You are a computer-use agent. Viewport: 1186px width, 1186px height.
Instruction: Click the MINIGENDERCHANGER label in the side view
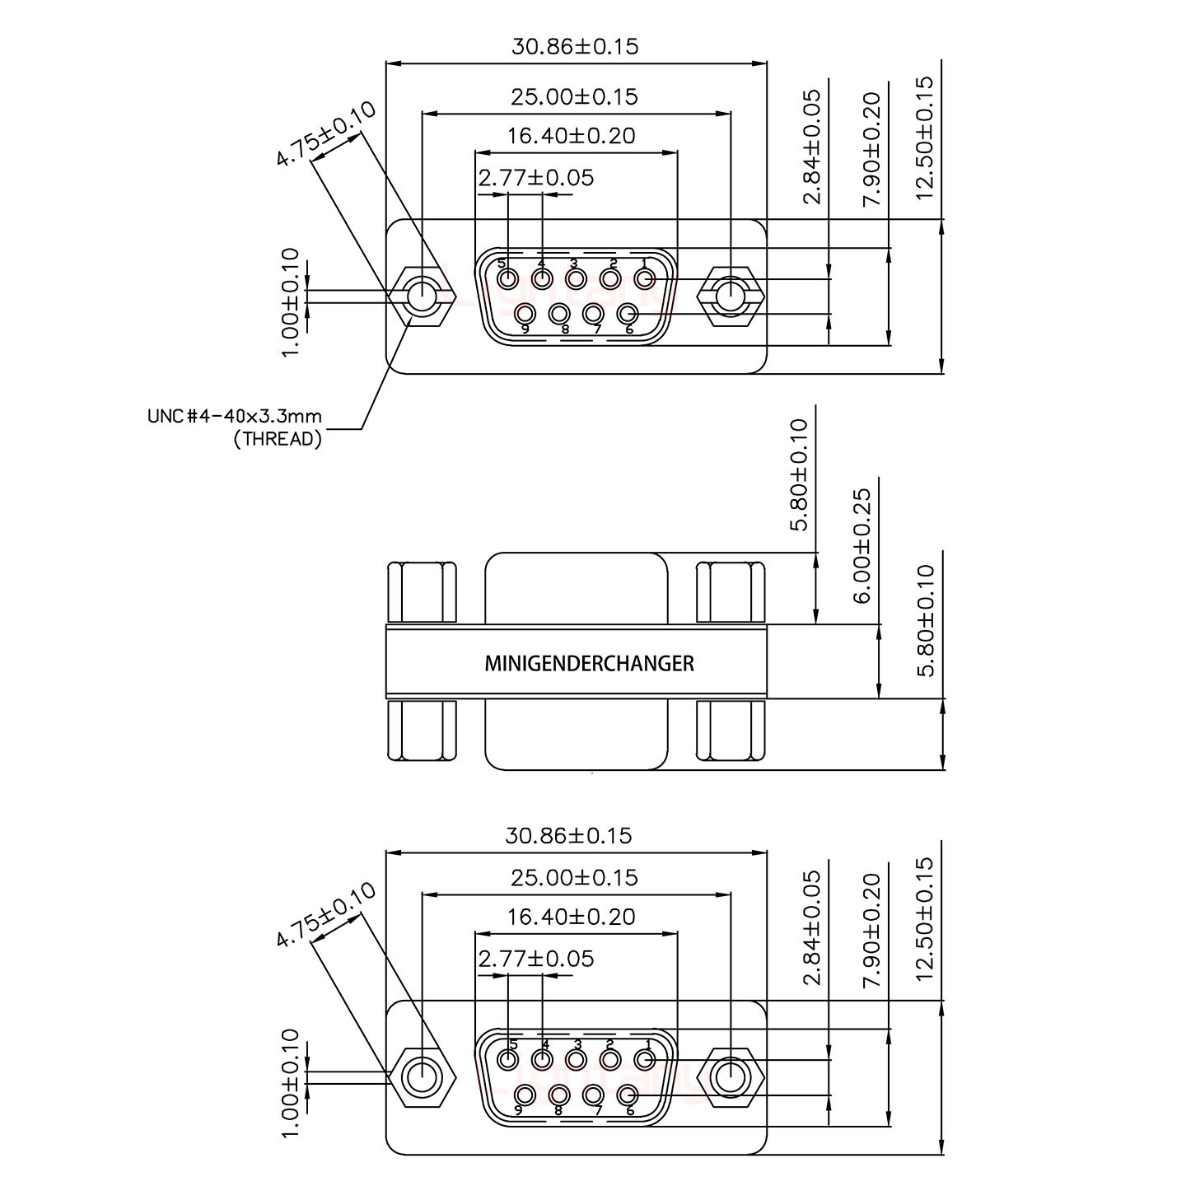589,663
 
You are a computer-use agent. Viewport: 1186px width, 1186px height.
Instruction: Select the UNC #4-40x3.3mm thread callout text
234,416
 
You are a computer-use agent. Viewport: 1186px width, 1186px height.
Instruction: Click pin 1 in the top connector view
644,279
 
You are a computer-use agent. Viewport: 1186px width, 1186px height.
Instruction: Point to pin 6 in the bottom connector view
628,1095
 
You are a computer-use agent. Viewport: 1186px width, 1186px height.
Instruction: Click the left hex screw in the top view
423,296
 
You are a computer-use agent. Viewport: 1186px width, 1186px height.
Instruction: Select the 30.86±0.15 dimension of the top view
575,46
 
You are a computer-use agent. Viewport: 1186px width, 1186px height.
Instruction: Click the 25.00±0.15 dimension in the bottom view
574,878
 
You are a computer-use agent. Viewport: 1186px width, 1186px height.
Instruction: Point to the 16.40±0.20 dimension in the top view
572,135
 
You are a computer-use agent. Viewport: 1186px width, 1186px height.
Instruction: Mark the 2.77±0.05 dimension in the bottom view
535,959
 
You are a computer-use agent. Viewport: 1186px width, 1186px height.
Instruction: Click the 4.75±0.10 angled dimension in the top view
326,133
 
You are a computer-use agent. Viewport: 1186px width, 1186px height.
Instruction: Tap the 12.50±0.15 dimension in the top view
925,138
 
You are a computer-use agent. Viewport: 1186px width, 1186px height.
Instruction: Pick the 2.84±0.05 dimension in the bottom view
813,928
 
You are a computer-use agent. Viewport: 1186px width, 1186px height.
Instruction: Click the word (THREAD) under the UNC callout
278,439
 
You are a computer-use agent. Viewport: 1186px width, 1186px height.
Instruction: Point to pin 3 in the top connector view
575,279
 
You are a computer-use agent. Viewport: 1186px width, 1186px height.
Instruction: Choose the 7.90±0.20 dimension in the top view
871,148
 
